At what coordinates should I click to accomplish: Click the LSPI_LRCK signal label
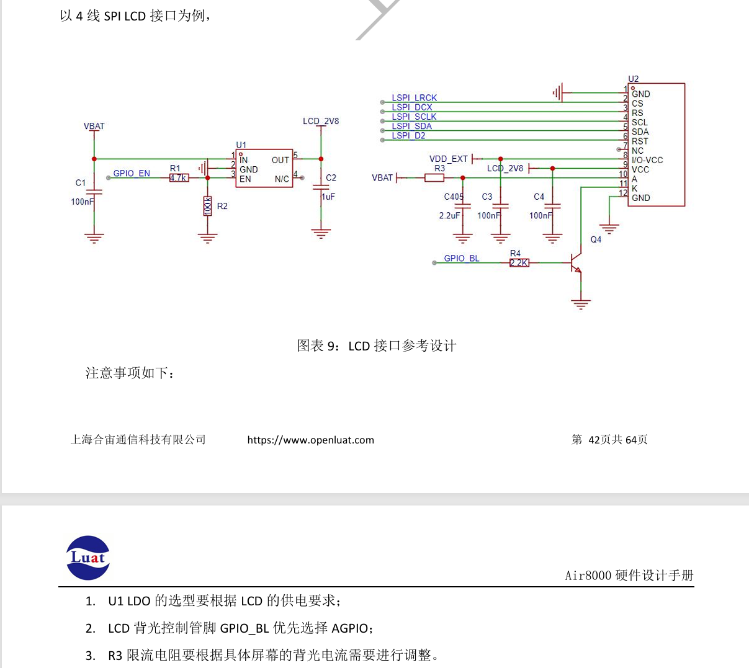tap(414, 98)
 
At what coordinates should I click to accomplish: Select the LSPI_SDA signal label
tap(411, 126)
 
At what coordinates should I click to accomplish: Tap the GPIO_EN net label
tap(132, 173)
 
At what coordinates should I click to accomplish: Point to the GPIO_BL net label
tap(462, 258)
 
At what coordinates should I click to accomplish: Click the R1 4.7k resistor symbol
tap(179, 178)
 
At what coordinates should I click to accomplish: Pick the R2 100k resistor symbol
tap(207, 206)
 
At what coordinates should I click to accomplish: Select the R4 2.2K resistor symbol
tap(519, 263)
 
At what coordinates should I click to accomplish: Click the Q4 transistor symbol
tap(576, 263)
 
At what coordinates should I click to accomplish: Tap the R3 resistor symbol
tap(434, 178)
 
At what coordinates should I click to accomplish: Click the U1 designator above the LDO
tap(241, 145)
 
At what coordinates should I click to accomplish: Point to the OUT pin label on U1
tap(280, 160)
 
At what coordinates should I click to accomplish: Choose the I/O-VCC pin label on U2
tap(647, 160)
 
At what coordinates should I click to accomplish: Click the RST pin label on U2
tap(640, 141)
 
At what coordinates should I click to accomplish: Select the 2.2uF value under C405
tap(449, 216)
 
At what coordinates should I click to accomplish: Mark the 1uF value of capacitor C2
tap(328, 197)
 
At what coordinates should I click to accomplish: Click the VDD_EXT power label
tap(448, 159)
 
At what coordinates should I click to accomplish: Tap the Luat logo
tap(88, 558)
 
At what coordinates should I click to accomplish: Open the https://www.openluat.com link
tap(310, 440)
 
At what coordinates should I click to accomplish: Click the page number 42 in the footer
tap(594, 440)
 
